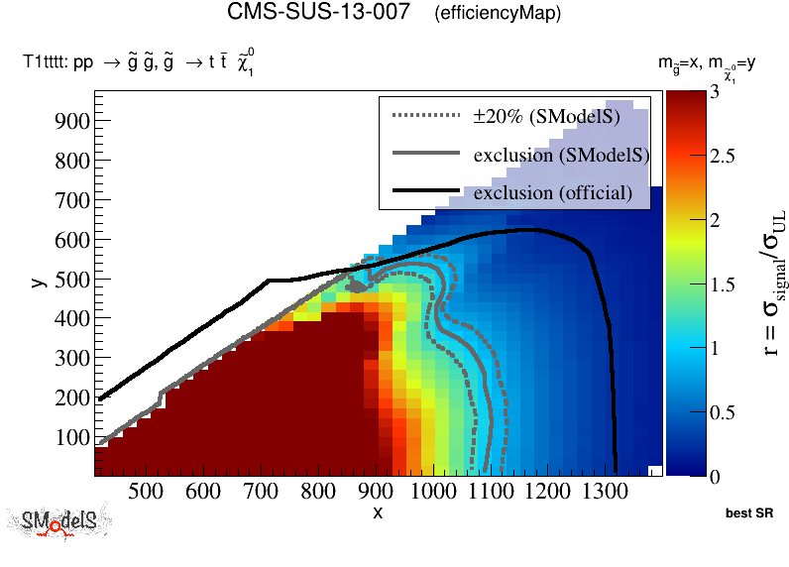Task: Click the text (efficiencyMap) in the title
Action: tap(498, 14)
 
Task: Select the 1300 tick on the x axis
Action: tap(603, 491)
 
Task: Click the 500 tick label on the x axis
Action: tap(146, 491)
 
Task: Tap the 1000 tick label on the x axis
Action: tap(431, 491)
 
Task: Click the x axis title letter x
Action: tap(378, 512)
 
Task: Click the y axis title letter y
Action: tap(37, 283)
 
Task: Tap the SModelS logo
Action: tap(59, 523)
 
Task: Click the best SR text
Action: tap(749, 514)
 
